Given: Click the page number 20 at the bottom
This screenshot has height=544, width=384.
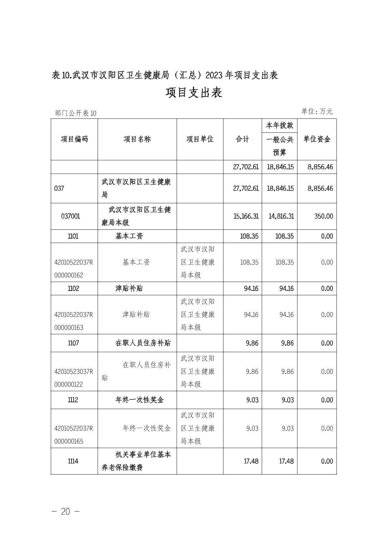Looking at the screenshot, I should point(65,511).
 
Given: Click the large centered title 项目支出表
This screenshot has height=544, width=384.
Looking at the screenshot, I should point(194,93).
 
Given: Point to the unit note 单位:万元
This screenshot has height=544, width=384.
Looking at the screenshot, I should point(317,111).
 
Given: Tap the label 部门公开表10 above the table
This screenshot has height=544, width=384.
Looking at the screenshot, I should point(76,113).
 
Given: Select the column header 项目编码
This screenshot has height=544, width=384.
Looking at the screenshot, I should point(74,139).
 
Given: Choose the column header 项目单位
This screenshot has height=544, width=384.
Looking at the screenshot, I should point(200,139).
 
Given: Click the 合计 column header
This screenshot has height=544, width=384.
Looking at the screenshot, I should point(242,139).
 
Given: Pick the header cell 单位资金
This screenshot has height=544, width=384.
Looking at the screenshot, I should point(317,139).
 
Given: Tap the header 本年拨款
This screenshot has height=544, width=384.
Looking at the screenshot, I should point(279,125).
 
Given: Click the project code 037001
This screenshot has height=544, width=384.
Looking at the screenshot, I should point(71,216).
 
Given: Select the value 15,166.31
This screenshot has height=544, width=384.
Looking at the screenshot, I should point(246,216).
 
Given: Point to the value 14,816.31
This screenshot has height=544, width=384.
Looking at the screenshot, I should point(281,216).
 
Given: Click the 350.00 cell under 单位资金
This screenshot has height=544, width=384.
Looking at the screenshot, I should point(324,216).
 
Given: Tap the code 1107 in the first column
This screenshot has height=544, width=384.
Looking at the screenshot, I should point(73,343).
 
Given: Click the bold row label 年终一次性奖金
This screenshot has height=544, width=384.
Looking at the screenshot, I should point(139,400).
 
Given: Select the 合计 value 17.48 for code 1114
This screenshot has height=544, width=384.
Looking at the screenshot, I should point(251,461).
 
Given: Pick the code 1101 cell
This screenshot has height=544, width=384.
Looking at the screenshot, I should point(73,236).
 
